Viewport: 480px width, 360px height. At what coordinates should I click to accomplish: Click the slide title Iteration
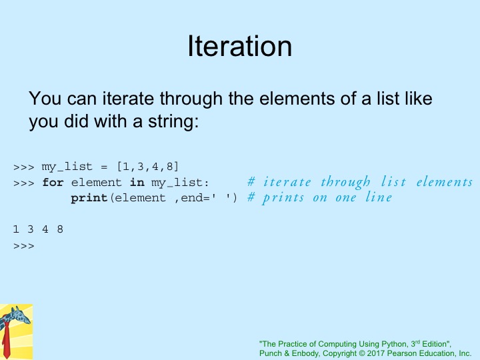tap(240, 46)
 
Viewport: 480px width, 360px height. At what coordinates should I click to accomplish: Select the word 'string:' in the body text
tap(173, 121)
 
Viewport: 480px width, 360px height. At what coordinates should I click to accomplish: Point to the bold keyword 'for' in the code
tap(53, 183)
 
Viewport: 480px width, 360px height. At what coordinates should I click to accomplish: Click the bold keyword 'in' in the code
tap(137, 183)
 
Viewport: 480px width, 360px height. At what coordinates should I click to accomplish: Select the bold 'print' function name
tap(89, 198)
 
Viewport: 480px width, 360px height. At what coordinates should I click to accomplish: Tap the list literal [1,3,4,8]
tap(147, 167)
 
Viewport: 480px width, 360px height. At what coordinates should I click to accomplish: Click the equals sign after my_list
tap(104, 167)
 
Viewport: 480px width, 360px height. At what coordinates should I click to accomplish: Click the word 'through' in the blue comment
tap(345, 183)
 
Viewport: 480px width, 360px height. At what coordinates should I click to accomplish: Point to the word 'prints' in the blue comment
tap(283, 198)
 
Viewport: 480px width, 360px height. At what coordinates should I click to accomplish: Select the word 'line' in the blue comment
tap(379, 197)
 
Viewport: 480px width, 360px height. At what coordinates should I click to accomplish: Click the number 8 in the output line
tap(60, 229)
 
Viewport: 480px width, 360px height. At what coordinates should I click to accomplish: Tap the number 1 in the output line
tap(16, 229)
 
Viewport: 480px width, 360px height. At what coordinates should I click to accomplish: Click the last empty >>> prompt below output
tap(24, 246)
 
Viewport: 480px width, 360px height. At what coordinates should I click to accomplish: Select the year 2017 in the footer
tap(376, 353)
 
